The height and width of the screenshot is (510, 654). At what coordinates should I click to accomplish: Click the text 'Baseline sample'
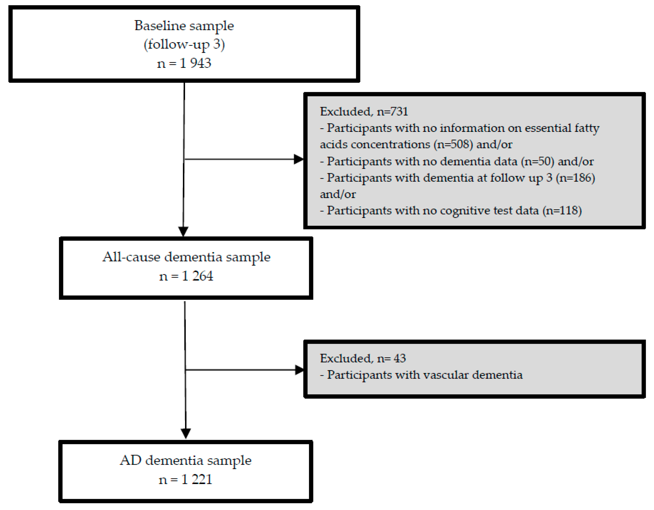tap(184, 26)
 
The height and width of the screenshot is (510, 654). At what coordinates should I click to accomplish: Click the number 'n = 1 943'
tap(184, 63)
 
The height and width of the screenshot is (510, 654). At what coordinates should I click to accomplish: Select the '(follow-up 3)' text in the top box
tap(184, 45)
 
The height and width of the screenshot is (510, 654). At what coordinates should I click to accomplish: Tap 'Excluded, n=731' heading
tap(363, 112)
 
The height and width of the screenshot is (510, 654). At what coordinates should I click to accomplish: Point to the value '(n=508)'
tap(453, 144)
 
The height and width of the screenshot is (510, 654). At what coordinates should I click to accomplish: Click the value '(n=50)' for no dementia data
tap(537, 161)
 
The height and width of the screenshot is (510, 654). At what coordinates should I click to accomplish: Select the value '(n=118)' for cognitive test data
tap(562, 210)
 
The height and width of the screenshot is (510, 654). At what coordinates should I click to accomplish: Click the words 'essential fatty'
tap(562, 128)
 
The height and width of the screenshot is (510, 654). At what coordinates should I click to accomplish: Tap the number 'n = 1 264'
tap(186, 276)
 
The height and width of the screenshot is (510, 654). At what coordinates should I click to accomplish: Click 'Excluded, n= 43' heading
tap(363, 358)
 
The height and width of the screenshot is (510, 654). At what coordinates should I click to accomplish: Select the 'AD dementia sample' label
tap(186, 460)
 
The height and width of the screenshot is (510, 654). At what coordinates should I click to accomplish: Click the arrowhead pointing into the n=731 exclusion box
tap(299, 159)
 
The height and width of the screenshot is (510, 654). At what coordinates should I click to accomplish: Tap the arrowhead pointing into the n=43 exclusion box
tap(299, 370)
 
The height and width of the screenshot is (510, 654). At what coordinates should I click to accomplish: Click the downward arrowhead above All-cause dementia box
tap(183, 231)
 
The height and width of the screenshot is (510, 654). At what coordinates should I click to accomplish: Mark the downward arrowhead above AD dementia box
tap(186, 433)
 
